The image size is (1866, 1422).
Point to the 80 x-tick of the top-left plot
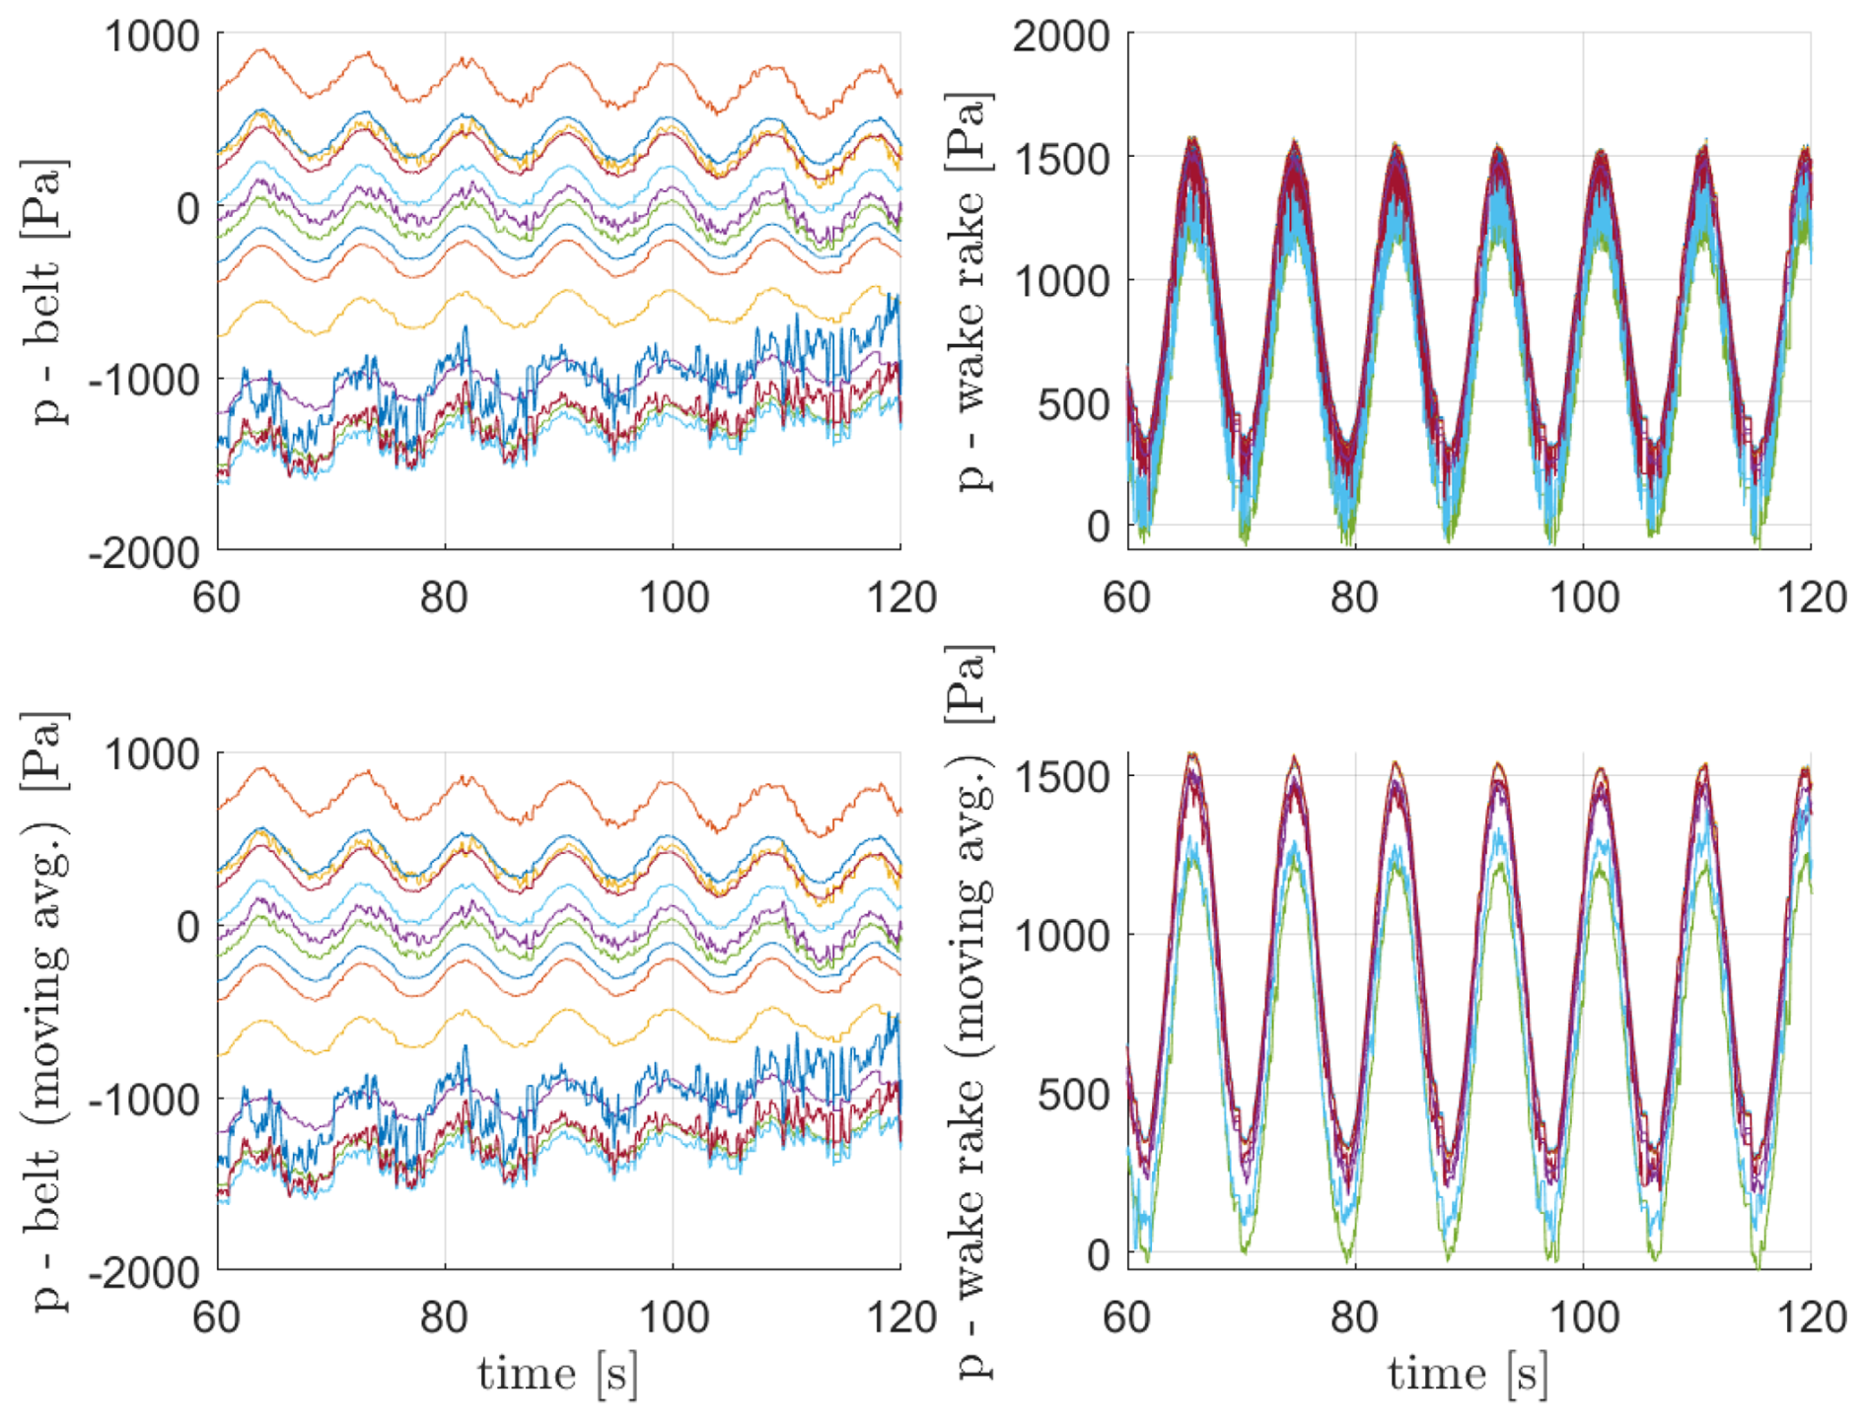point(444,598)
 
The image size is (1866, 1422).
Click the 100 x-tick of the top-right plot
point(1584,598)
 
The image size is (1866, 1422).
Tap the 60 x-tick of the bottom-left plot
point(217,1317)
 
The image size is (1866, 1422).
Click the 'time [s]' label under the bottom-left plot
point(557,1375)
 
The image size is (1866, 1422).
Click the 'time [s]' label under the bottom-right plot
point(1468,1375)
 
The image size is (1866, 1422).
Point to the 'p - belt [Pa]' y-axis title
point(49,291)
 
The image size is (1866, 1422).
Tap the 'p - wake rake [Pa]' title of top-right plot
point(972,291)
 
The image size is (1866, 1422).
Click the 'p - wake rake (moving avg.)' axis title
point(972,1011)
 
